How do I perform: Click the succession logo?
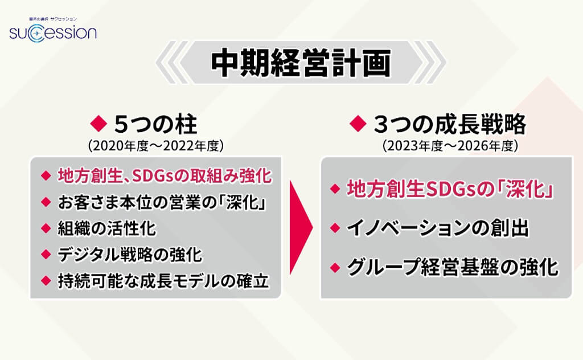(53, 31)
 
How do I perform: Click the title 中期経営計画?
(301, 63)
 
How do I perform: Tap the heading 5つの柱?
(155, 124)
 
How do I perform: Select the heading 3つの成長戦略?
(450, 124)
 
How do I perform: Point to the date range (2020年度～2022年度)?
(156, 146)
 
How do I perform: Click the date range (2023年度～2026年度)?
(450, 146)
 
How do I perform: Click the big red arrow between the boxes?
(301, 227)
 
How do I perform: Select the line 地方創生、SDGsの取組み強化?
(165, 176)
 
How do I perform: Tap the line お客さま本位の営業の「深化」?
(162, 202)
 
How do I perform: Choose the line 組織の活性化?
(106, 228)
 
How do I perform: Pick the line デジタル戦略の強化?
(130, 255)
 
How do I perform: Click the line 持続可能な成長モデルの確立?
(163, 281)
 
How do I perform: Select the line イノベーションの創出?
(438, 228)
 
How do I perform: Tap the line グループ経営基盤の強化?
(453, 267)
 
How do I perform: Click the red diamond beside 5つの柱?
(99, 124)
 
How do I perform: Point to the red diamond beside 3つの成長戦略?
(359, 124)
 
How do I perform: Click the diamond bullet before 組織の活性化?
(46, 228)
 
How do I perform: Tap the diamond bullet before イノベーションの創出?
(335, 228)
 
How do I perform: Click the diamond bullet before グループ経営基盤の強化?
(335, 267)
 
